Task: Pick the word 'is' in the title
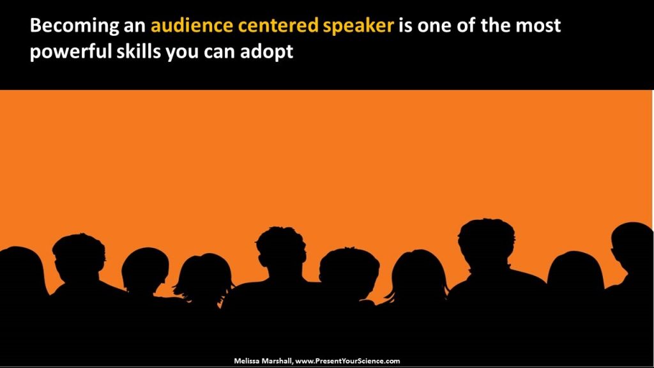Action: click(406, 26)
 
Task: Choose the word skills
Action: click(140, 52)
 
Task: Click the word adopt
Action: click(268, 52)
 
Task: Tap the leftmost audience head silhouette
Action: click(19, 268)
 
